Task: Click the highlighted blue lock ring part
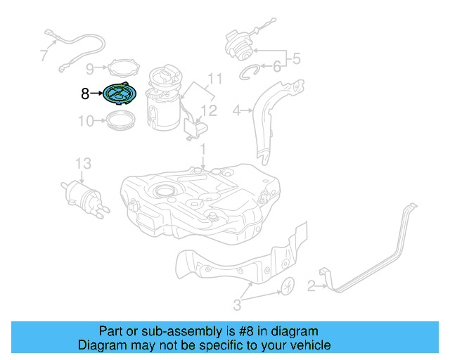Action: [119, 93]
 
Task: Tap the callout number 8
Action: [85, 92]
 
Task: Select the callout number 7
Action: [44, 55]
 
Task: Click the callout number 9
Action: [89, 68]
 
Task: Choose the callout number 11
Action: [214, 78]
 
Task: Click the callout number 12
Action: [209, 110]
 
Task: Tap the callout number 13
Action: [83, 163]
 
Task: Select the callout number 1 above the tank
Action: [202, 150]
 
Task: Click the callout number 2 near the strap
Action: [311, 285]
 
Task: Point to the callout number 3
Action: [237, 304]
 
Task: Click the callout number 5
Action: [296, 59]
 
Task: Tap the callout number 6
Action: [276, 67]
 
